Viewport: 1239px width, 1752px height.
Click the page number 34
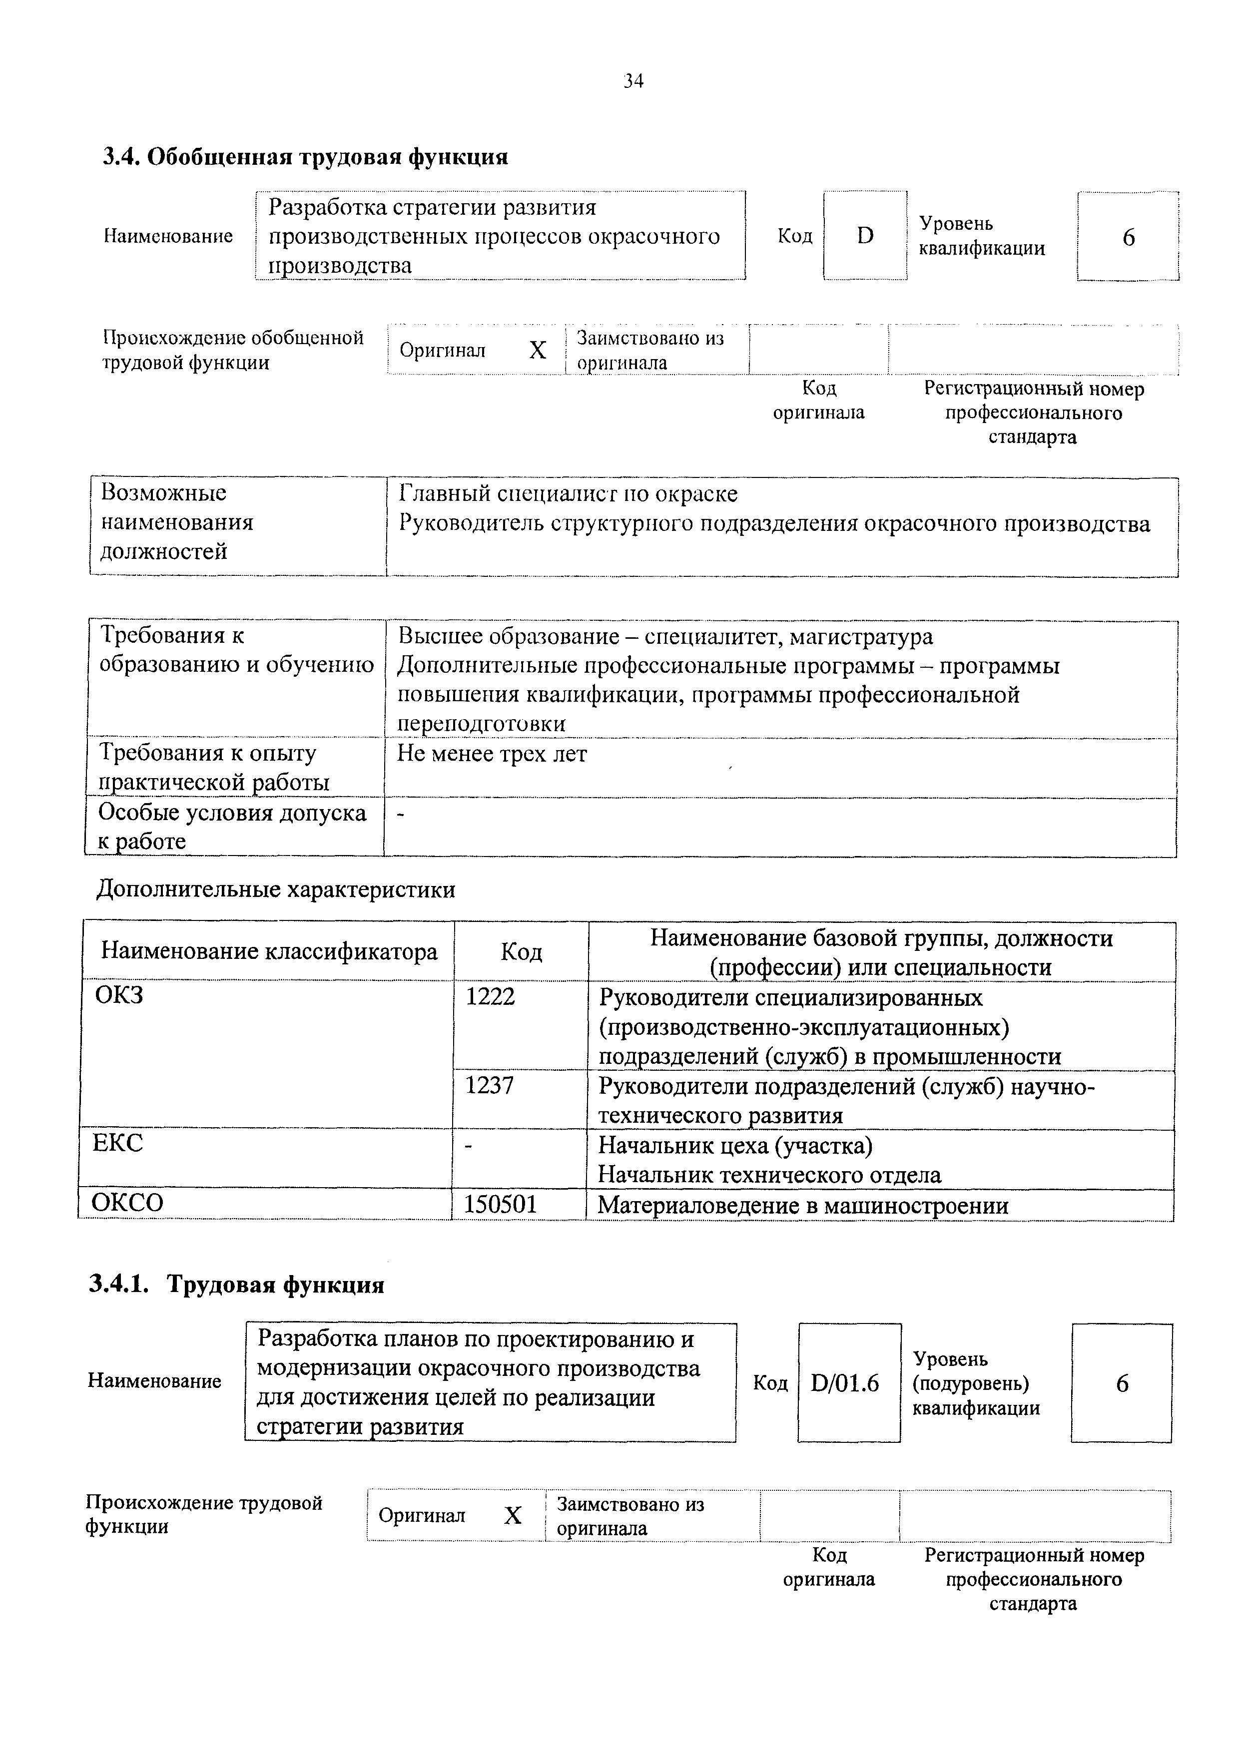point(633,81)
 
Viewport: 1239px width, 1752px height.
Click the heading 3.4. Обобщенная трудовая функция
point(305,157)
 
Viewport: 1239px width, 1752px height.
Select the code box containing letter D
point(865,236)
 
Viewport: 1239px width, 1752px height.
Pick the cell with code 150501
point(501,1204)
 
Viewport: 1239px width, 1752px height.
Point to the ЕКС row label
point(117,1143)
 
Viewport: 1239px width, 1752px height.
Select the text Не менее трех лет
point(492,754)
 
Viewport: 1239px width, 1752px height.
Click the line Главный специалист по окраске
point(568,494)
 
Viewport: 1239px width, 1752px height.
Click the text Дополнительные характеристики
point(276,890)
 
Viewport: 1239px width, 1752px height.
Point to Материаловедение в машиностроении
point(803,1206)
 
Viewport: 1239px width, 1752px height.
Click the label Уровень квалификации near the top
point(981,236)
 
